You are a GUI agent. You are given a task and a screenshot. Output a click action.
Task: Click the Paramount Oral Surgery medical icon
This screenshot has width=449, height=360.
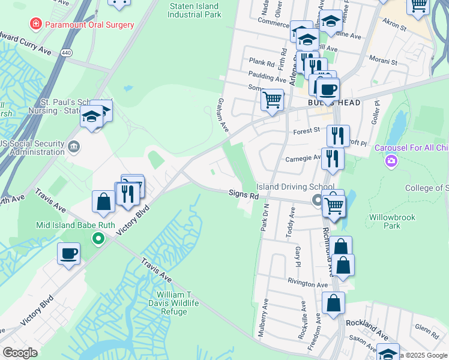36,24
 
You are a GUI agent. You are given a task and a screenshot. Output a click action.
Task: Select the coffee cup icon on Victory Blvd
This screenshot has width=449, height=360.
68,253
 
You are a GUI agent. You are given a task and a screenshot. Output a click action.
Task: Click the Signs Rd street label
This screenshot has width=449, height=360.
243,195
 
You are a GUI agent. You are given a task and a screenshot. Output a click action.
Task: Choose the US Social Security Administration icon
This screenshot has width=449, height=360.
74,146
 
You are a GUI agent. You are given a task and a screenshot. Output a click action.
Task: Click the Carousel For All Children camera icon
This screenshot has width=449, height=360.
391,161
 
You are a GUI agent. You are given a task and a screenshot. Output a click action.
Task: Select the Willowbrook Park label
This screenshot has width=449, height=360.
393,221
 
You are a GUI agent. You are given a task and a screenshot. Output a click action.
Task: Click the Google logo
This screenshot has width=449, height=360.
20,353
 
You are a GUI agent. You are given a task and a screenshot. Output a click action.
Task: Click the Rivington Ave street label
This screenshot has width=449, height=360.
307,283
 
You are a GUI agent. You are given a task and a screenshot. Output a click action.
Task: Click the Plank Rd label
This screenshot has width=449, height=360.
262,62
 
